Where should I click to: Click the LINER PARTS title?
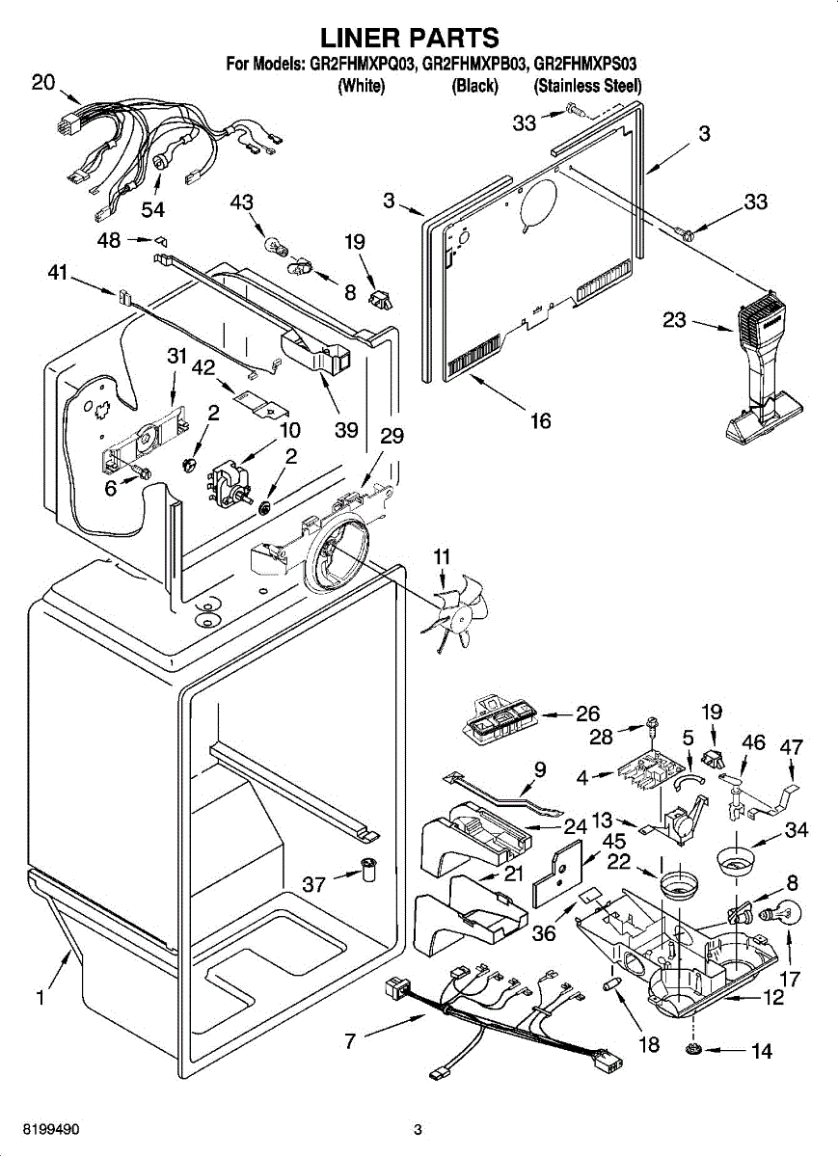click(409, 38)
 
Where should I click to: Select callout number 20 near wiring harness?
click(43, 83)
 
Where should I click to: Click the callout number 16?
click(540, 420)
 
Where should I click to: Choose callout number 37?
click(314, 883)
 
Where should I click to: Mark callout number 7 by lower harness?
click(350, 1040)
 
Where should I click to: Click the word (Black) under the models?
click(474, 86)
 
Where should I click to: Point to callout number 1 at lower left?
click(41, 999)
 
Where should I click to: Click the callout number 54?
click(152, 209)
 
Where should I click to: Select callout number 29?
click(392, 436)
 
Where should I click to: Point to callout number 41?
click(58, 275)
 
